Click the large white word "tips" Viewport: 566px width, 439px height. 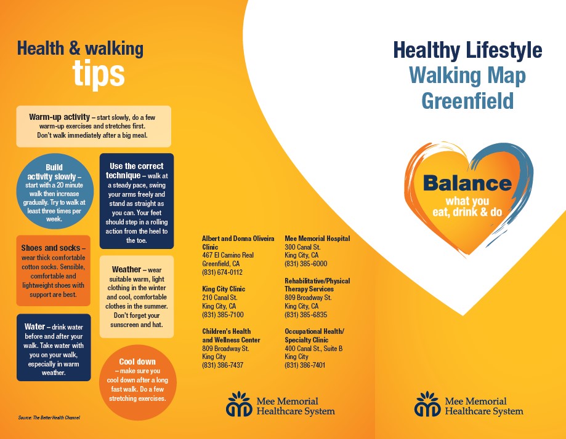point(99,74)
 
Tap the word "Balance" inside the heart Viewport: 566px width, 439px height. point(467,183)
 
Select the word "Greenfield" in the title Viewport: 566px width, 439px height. point(467,101)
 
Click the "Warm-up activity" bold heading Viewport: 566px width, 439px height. point(59,117)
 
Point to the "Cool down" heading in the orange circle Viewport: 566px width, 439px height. point(137,362)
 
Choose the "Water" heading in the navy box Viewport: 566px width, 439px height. point(34,326)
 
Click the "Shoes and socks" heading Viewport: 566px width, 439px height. point(51,248)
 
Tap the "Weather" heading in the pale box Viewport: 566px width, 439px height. point(126,269)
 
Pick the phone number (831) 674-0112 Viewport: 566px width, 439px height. point(222,272)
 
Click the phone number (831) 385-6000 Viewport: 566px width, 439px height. point(305,264)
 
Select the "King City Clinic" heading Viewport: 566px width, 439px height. point(224,289)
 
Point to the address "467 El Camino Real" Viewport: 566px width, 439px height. point(228,255)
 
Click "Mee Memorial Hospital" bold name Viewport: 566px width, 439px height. point(317,238)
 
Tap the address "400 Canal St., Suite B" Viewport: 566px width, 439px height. point(313,349)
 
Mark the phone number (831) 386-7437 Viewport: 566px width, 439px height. point(223,365)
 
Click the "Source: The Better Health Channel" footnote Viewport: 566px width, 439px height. point(49,417)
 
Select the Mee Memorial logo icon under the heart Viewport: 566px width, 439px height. point(427,404)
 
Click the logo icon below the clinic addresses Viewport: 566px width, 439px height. point(239,404)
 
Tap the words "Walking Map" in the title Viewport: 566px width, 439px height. point(467,76)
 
